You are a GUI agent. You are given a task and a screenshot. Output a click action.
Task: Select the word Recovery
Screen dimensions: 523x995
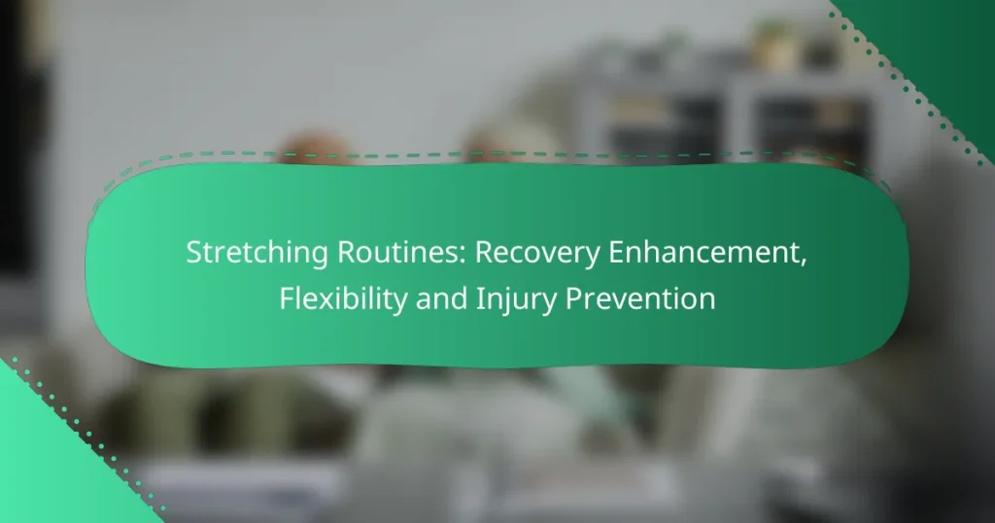(524, 255)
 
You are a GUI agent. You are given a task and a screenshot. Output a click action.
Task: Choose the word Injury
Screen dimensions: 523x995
(497, 299)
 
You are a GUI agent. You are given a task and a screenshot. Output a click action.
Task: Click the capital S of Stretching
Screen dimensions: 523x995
(193, 253)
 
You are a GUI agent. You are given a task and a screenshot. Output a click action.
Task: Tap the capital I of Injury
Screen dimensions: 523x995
(465, 298)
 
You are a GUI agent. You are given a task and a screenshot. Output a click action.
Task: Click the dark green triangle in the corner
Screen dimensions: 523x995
(947, 49)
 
